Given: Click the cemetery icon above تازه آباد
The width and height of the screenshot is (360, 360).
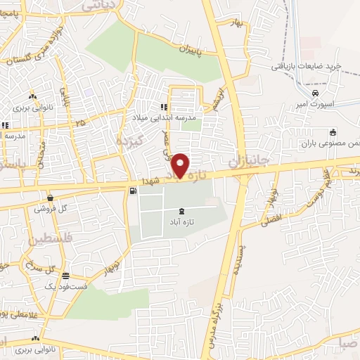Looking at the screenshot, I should (x=183, y=210).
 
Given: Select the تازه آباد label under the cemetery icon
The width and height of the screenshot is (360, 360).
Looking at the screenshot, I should (x=181, y=222).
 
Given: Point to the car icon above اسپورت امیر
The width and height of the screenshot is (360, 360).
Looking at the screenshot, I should (x=316, y=94).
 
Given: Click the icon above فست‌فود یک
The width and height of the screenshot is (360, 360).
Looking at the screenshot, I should (x=65, y=276).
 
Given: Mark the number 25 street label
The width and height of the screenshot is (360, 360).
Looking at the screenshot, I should (x=82, y=124).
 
